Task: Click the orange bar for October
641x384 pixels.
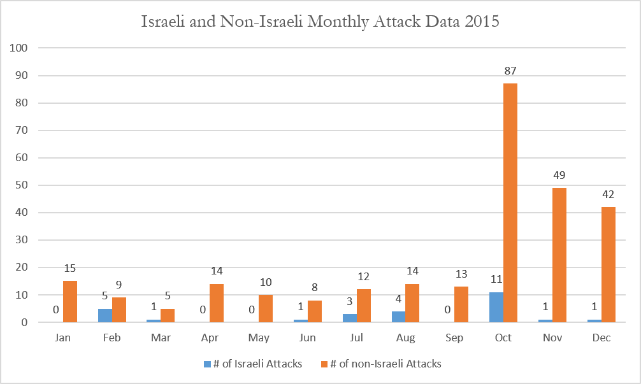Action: point(510,203)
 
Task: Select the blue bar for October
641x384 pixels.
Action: point(496,307)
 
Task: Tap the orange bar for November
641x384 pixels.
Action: point(559,255)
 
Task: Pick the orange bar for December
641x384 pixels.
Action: point(609,265)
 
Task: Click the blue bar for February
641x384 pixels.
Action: point(105,315)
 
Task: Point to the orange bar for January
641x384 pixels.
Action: point(70,301)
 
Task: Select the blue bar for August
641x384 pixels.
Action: point(399,317)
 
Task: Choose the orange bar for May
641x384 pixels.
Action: point(266,308)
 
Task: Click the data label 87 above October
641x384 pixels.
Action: point(510,71)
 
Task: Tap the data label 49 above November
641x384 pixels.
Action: point(559,175)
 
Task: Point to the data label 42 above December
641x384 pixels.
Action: point(609,194)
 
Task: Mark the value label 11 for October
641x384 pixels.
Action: point(496,280)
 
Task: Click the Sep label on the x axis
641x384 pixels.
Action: point(454,338)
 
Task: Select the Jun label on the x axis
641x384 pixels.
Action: point(307,338)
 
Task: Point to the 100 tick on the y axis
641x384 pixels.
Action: point(19,48)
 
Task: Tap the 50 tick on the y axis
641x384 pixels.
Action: point(22,185)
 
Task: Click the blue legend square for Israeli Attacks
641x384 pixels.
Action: point(207,364)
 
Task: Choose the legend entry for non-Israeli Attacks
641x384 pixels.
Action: point(381,364)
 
